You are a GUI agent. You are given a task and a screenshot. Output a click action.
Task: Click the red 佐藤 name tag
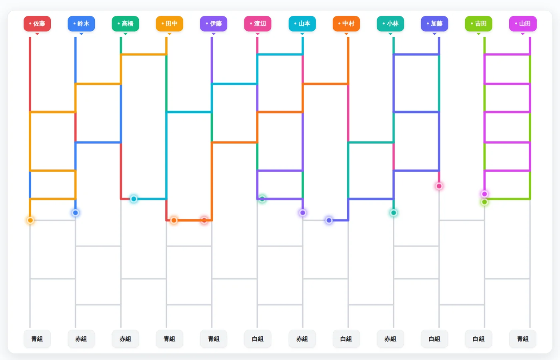coord(37,24)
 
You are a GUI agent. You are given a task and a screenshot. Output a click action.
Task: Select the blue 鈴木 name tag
coord(81,24)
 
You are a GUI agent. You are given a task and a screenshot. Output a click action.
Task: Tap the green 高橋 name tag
coord(126,24)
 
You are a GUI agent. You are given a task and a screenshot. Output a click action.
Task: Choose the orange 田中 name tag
coord(170,24)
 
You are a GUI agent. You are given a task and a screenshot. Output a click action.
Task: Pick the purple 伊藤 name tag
coord(214,24)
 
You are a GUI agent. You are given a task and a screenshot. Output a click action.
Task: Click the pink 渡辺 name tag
coord(258,24)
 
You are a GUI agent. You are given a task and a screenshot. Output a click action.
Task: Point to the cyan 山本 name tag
coord(302,24)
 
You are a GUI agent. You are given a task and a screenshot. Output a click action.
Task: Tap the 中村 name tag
coord(346,24)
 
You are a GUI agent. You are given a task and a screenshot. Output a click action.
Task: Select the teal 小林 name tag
coord(390,24)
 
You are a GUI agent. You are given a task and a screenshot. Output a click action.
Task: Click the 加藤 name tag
coord(434,24)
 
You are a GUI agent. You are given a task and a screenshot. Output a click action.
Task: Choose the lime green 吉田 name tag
coord(478,24)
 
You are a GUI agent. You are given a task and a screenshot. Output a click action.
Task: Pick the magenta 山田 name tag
coord(523,24)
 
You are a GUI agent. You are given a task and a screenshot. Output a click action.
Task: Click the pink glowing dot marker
coord(439,186)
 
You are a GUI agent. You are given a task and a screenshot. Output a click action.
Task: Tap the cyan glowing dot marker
coord(134,199)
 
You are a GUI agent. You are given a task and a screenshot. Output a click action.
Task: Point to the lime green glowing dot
coord(484,202)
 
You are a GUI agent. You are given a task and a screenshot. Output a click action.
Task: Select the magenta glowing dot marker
coord(484,194)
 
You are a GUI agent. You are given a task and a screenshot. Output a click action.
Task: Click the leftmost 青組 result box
coord(37,339)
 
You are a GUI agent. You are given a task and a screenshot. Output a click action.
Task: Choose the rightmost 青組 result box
coord(523,339)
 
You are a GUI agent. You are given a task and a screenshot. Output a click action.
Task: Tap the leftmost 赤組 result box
coord(81,339)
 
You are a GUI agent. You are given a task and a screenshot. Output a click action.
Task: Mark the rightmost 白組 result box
coord(478,339)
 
